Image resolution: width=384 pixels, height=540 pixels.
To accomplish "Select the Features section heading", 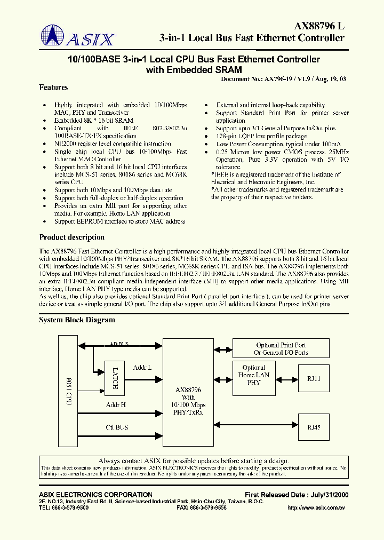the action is (x=53, y=88).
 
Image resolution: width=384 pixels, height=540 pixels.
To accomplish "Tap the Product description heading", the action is (x=72, y=237).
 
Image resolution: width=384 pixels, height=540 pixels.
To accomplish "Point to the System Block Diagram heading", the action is (x=77, y=320).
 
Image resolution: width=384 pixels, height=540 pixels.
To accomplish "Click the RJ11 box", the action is (x=314, y=378).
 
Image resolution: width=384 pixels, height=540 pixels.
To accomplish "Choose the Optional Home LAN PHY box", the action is (x=253, y=375).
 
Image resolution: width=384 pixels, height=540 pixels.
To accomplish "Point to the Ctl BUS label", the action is (x=117, y=427).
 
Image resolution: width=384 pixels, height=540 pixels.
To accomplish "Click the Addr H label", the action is (x=116, y=405).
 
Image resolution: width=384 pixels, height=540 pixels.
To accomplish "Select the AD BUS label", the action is (x=119, y=345).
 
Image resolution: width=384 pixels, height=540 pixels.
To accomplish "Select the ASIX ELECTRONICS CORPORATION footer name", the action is (x=96, y=495).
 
